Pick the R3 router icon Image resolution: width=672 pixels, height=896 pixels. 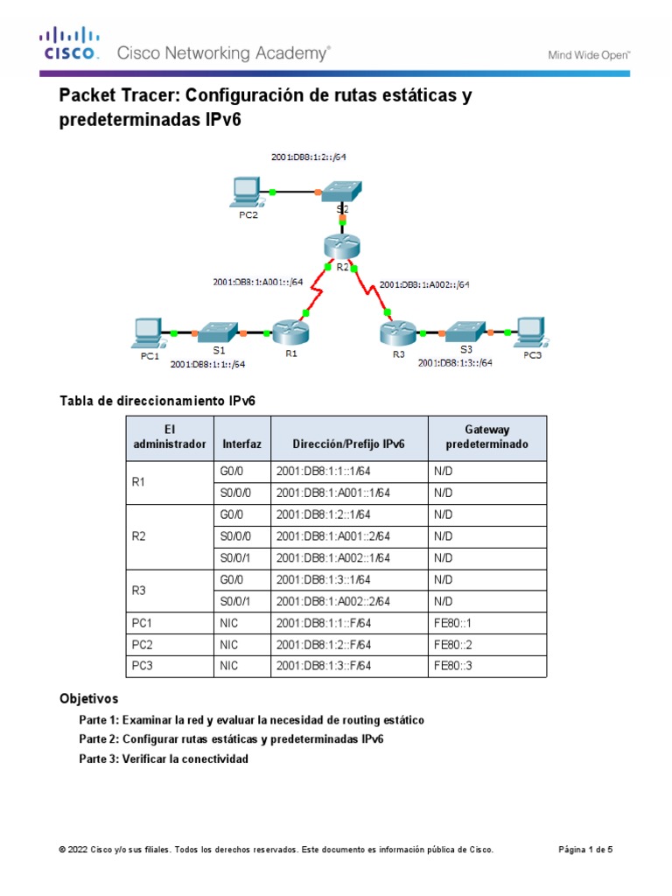tap(395, 333)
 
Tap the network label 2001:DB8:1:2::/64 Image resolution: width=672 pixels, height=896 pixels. tap(312, 157)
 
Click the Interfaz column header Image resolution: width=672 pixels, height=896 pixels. tap(241, 444)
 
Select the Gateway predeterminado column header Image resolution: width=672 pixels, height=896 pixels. tap(486, 437)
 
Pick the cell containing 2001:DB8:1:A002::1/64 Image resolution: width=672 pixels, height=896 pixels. tap(332, 558)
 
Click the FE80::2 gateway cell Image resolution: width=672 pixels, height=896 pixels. tap(451, 646)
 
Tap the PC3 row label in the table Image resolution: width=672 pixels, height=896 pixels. tap(143, 668)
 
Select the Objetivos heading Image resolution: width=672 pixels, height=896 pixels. tap(88, 699)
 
